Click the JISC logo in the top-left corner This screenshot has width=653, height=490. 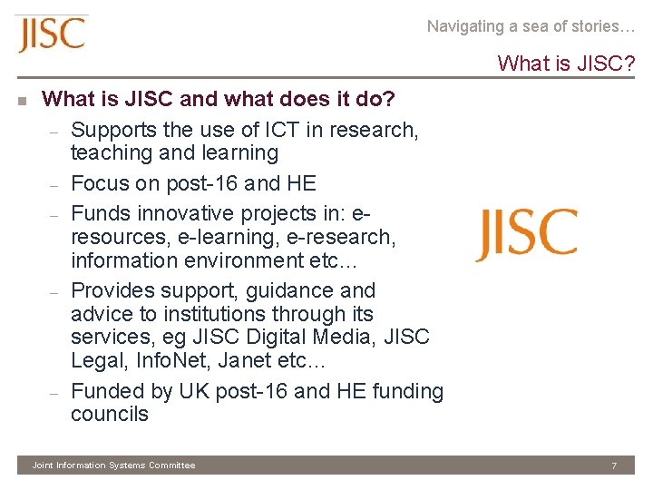[51, 34]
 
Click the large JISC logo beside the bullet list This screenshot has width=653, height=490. [526, 234]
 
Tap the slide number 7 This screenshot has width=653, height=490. [614, 465]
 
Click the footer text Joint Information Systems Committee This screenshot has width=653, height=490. [113, 465]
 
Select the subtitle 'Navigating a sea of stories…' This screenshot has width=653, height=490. [531, 26]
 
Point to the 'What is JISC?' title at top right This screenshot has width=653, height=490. [566, 64]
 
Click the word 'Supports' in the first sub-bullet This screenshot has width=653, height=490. [112, 130]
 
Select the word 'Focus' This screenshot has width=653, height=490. [100, 183]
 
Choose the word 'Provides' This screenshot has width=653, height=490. [112, 291]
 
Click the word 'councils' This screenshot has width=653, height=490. [109, 414]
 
